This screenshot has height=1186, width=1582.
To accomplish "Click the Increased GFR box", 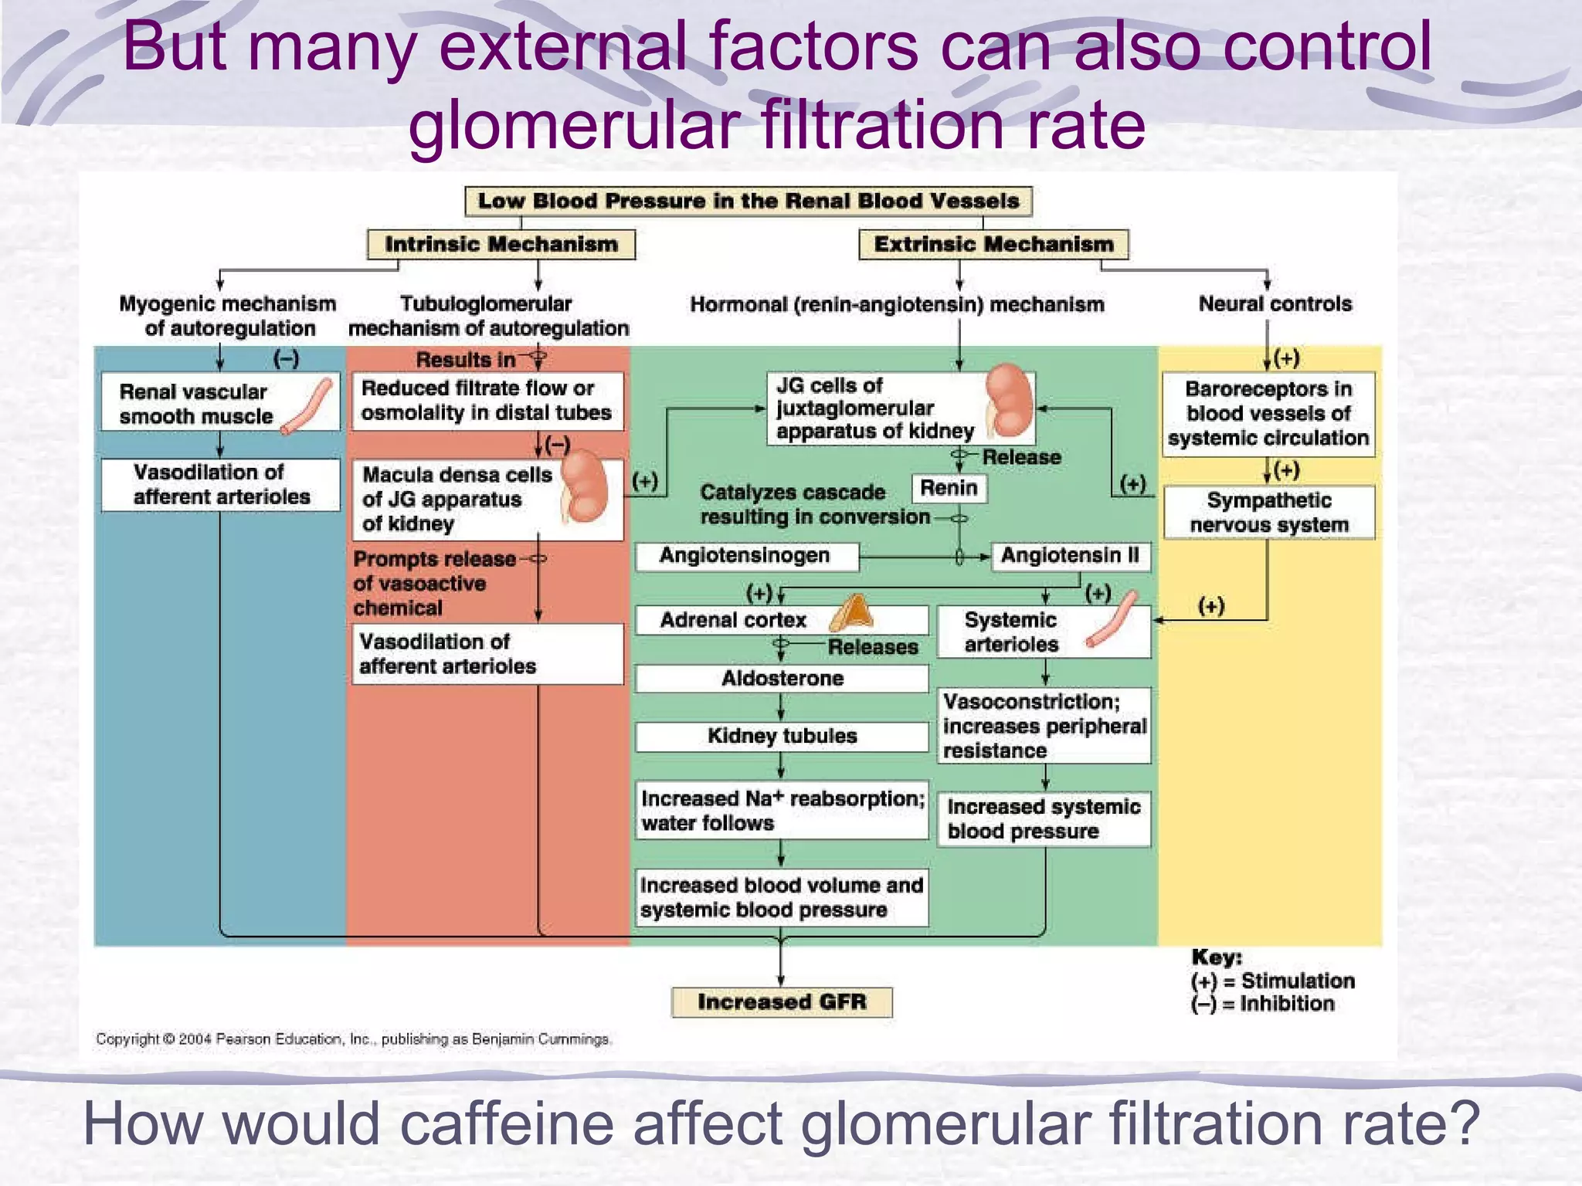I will tap(782, 1001).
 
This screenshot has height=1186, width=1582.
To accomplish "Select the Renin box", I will tap(949, 488).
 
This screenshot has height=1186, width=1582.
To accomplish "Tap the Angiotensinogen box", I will tap(745, 556).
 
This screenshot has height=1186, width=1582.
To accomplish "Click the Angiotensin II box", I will tap(1070, 556).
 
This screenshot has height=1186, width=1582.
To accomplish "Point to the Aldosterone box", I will tap(782, 678).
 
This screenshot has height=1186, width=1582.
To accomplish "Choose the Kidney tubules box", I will tap(782, 736).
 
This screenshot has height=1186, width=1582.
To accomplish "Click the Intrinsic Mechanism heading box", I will tap(501, 244).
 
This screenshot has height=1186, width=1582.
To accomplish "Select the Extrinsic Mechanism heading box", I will tap(993, 244).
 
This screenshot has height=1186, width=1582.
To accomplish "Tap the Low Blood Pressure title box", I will tap(748, 201).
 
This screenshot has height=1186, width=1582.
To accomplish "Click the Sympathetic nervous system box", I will tap(1268, 512).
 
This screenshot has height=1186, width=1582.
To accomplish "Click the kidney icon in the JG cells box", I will tap(1010, 400).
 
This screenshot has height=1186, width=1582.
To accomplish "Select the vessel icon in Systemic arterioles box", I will tap(1112, 619).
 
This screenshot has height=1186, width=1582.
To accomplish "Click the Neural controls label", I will tap(1275, 304).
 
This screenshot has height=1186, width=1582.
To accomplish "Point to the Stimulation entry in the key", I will tap(1272, 981).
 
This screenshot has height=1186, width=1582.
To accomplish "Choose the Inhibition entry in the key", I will tap(1262, 1004).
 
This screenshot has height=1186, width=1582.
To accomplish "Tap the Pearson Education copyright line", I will tap(354, 1039).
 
